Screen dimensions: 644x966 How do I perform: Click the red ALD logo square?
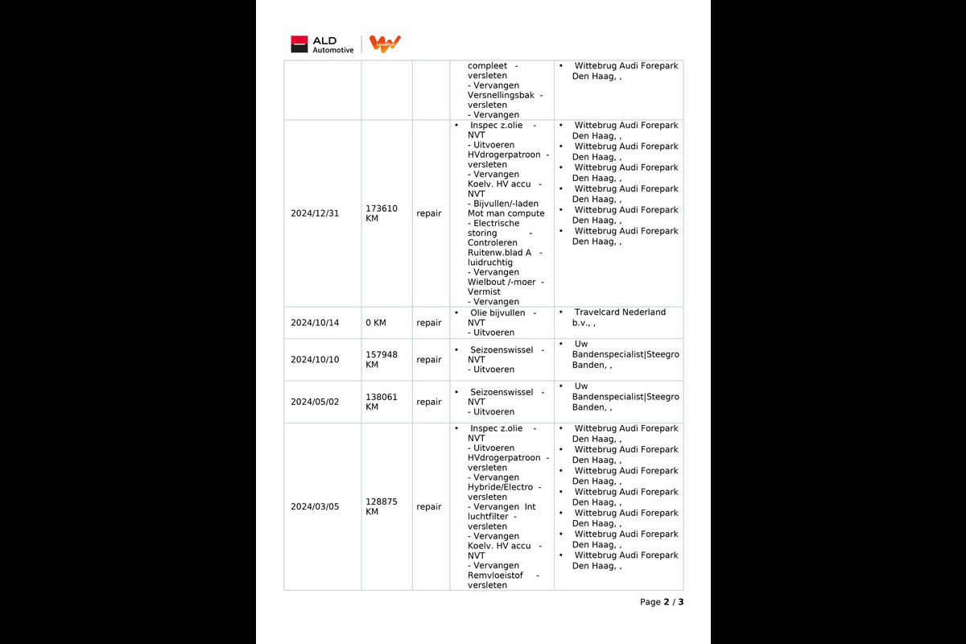point(299,44)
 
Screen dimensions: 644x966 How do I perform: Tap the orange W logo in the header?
point(385,44)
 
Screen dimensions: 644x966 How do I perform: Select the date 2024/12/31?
point(315,213)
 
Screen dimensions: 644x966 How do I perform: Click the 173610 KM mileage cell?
point(382,213)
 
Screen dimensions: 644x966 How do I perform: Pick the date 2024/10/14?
point(315,323)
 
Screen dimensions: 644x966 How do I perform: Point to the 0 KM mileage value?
point(376,323)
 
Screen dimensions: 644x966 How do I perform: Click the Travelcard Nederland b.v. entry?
point(619,317)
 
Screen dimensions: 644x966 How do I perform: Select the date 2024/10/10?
point(315,360)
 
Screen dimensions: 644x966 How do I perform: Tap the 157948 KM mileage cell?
point(382,360)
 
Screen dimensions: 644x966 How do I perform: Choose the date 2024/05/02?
point(315,402)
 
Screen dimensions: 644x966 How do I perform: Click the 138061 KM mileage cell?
point(382,402)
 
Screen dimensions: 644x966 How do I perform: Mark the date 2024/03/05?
point(315,506)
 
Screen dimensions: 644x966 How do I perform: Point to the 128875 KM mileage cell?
point(382,506)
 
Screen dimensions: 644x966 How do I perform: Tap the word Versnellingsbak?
point(501,95)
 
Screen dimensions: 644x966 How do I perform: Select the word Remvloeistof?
point(495,576)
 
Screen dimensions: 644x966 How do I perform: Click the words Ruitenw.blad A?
point(499,252)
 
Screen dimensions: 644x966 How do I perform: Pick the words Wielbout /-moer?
point(501,282)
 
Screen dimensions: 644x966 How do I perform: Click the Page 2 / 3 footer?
point(662,602)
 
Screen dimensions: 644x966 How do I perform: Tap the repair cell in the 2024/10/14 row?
point(429,323)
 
